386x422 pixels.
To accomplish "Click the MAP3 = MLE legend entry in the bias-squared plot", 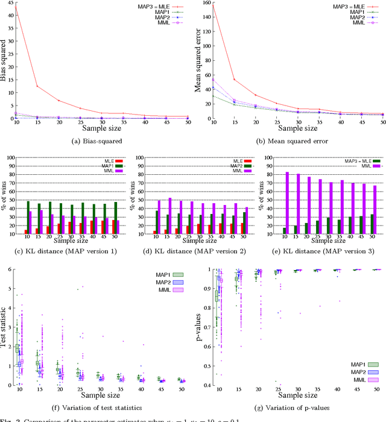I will (154, 7).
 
